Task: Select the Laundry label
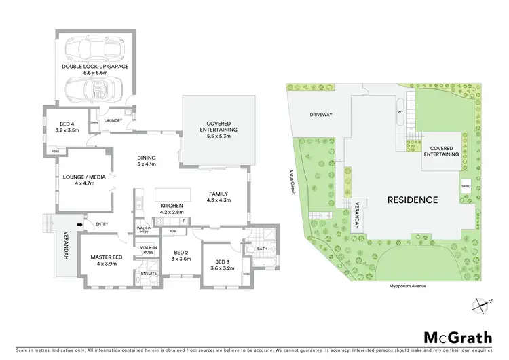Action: pos(113,120)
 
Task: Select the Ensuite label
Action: pos(149,273)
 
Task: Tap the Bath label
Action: pos(263,249)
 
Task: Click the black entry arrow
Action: pos(79,224)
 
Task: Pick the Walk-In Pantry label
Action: pos(144,230)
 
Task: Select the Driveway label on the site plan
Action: pos(321,115)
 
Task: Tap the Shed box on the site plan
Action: pos(466,185)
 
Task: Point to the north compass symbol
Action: pos(481,305)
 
